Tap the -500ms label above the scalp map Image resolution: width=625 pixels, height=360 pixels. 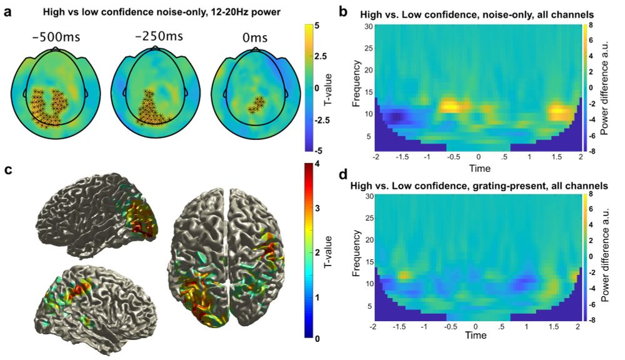pyautogui.click(x=55, y=36)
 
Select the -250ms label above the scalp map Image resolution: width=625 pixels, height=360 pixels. pyautogui.click(x=154, y=36)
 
